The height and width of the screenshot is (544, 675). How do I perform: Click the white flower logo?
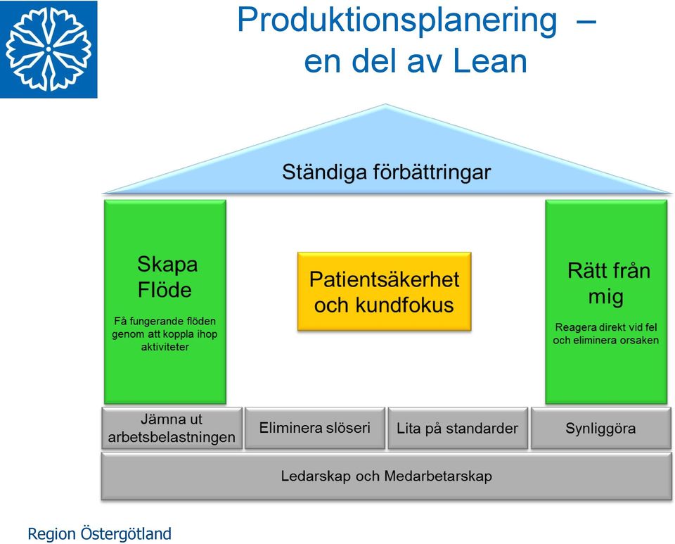(49, 49)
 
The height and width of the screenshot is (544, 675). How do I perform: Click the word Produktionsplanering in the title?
(397, 20)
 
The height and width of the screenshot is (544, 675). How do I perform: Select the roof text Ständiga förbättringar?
(386, 172)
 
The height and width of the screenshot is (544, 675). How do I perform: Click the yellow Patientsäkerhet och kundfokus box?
(385, 291)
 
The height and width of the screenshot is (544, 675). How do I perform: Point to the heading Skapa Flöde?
(166, 277)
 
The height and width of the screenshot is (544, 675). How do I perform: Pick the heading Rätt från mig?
(607, 284)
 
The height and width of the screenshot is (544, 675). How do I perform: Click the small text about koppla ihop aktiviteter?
(165, 334)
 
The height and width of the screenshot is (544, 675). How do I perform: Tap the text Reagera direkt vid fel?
(606, 327)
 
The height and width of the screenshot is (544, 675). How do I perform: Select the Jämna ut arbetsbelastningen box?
(172, 428)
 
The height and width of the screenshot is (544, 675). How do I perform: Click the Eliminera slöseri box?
(315, 428)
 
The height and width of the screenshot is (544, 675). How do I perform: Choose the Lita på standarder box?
(458, 428)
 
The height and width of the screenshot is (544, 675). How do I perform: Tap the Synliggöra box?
(601, 428)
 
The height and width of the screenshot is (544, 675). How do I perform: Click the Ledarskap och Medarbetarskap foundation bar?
(386, 476)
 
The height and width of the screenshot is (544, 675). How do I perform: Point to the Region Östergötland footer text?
(99, 534)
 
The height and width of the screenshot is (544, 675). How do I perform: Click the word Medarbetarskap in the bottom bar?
(438, 476)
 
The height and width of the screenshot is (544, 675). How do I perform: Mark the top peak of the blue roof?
(386, 104)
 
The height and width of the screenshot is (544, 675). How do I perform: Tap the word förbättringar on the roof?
(432, 172)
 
